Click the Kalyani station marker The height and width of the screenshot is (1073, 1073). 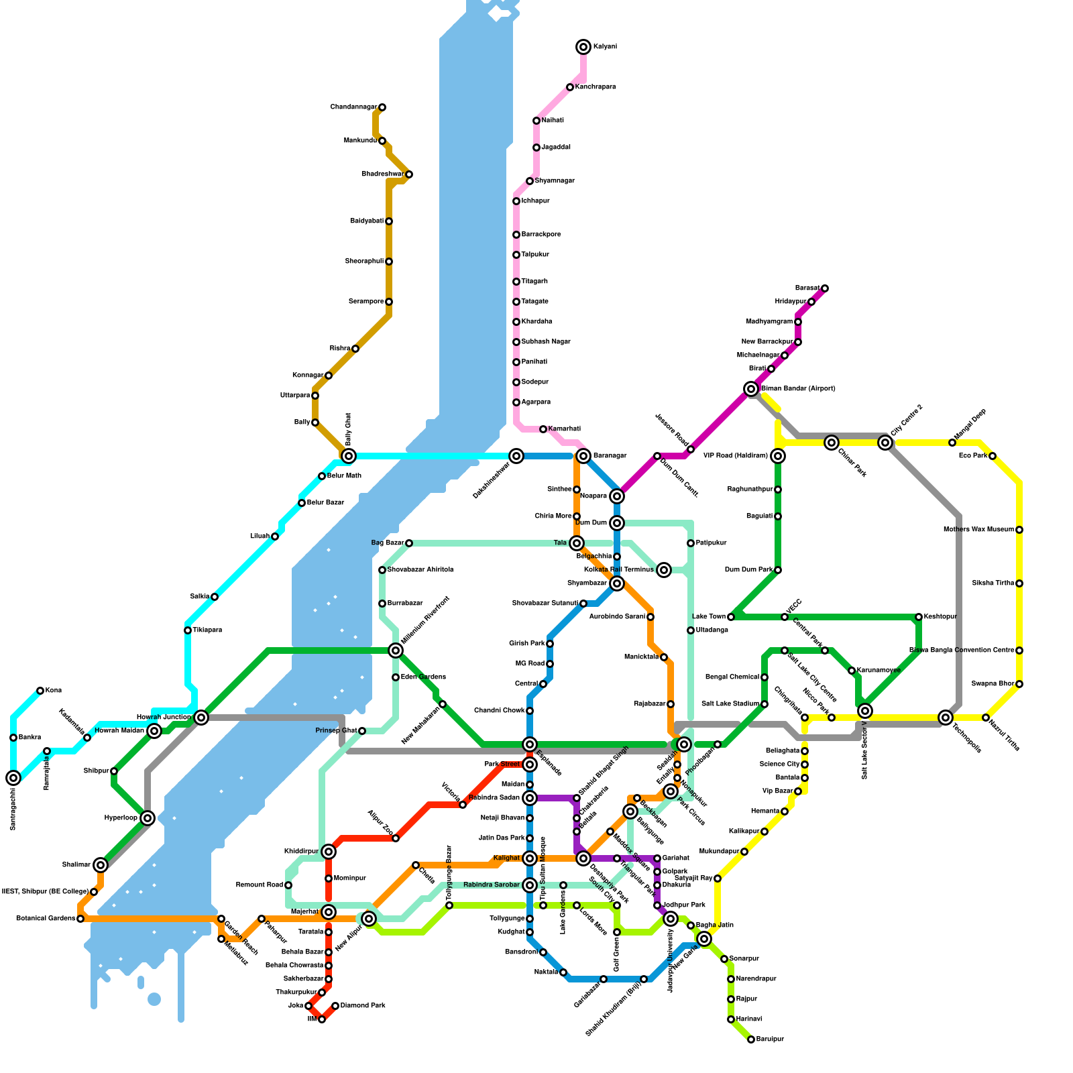(x=583, y=47)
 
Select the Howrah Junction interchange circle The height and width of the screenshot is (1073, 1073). (x=201, y=718)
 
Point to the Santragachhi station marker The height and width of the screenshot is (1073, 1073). (x=13, y=778)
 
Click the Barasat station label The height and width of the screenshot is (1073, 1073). (x=807, y=288)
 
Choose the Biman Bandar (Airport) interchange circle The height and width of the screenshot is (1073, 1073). (x=751, y=389)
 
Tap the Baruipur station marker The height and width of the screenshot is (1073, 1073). (x=751, y=1039)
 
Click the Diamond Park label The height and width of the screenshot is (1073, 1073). (x=362, y=1006)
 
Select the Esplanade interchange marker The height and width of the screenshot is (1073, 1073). (x=530, y=744)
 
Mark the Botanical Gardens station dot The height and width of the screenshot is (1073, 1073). (x=80, y=919)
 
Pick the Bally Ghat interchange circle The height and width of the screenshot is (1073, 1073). (x=349, y=456)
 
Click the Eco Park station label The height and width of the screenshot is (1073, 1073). (x=972, y=456)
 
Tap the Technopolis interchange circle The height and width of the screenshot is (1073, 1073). (x=946, y=718)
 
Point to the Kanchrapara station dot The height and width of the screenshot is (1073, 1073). (x=570, y=87)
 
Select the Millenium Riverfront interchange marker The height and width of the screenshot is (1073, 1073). (x=396, y=651)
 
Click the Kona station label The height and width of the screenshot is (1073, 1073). (x=54, y=691)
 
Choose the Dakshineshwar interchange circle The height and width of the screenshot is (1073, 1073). (x=516, y=456)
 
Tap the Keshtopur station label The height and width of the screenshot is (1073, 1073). (x=940, y=617)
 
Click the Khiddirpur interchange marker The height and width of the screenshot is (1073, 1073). (x=329, y=852)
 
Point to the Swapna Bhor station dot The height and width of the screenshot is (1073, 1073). (x=1019, y=684)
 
